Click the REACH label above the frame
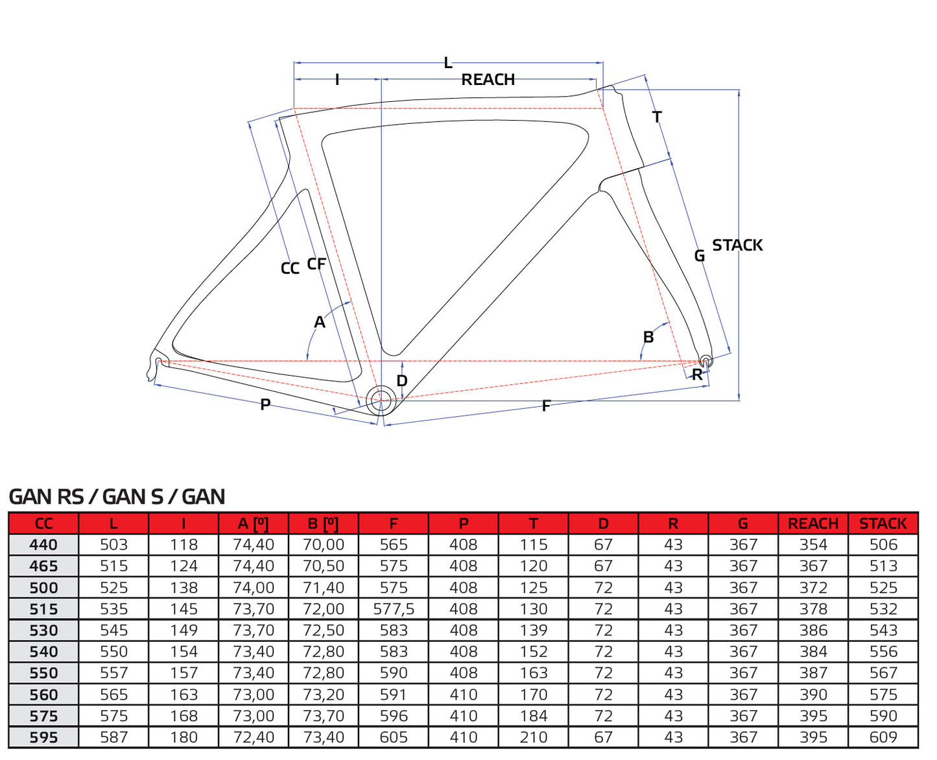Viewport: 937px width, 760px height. tap(488, 80)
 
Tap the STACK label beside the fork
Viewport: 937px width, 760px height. tap(737, 245)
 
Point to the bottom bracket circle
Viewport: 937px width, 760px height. tap(381, 400)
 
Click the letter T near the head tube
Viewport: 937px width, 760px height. tap(657, 117)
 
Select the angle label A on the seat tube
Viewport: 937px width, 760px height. tap(319, 322)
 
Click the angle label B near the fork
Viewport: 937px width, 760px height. tap(648, 337)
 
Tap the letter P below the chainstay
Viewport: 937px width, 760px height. tap(265, 404)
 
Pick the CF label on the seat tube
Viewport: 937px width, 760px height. tap(316, 264)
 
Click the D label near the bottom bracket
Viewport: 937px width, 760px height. tap(402, 381)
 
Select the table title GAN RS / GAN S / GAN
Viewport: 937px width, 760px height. tap(117, 496)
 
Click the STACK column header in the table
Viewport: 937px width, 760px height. tap(883, 524)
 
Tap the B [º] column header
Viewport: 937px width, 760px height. tap(323, 524)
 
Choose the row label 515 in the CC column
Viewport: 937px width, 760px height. tap(43, 609)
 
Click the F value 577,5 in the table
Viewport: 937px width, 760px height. tap(394, 609)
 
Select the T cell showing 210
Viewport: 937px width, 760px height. tap(533, 738)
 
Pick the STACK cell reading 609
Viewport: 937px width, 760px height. tap(883, 738)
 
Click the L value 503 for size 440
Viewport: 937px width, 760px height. tap(113, 545)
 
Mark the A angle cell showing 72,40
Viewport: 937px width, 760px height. tap(254, 738)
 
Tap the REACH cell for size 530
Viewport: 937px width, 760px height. tap(813, 631)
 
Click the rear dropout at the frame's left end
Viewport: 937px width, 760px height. tap(158, 362)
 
